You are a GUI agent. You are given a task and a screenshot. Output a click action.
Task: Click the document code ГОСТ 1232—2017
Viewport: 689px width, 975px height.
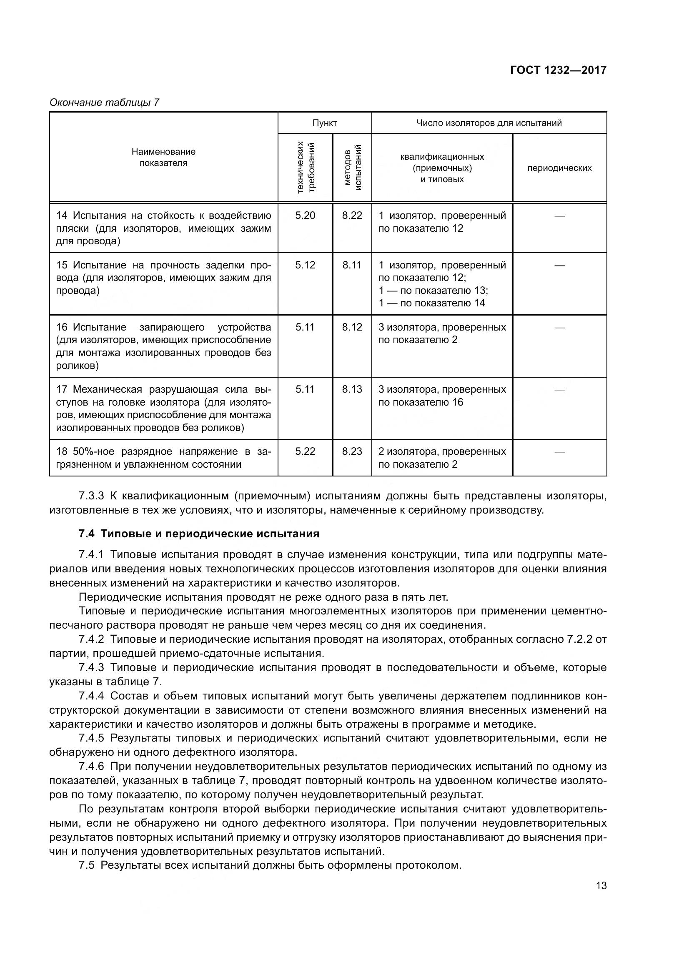point(558,70)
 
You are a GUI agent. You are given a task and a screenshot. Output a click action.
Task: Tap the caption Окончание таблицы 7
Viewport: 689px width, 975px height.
point(104,103)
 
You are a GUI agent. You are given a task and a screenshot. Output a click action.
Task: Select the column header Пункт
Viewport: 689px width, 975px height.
point(324,123)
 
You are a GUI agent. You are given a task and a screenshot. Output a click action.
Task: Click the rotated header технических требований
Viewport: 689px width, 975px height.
point(306,167)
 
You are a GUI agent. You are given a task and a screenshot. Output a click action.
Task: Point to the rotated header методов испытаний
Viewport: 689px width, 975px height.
point(352,167)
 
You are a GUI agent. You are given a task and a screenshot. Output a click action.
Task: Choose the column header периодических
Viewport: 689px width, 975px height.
point(559,168)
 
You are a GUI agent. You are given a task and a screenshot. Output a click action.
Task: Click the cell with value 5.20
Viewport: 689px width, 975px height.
point(305,215)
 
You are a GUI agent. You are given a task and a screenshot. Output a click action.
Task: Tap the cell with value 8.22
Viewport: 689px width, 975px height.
point(352,215)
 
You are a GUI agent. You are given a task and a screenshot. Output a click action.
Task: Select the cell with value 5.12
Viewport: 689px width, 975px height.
point(305,265)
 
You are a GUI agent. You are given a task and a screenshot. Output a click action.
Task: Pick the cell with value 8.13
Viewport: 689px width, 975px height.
point(352,389)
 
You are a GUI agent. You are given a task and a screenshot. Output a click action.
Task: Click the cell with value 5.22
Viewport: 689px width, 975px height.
point(305,451)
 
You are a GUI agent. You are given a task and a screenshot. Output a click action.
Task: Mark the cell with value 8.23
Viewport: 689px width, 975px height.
point(352,451)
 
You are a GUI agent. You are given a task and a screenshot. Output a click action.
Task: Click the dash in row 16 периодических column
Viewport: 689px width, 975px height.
point(559,327)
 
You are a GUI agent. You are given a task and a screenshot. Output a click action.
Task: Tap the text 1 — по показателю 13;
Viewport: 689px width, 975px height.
point(433,291)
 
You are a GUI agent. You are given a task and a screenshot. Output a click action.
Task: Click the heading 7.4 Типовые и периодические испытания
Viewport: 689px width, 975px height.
point(199,534)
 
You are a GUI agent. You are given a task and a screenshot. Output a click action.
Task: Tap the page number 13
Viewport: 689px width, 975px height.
point(601,886)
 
